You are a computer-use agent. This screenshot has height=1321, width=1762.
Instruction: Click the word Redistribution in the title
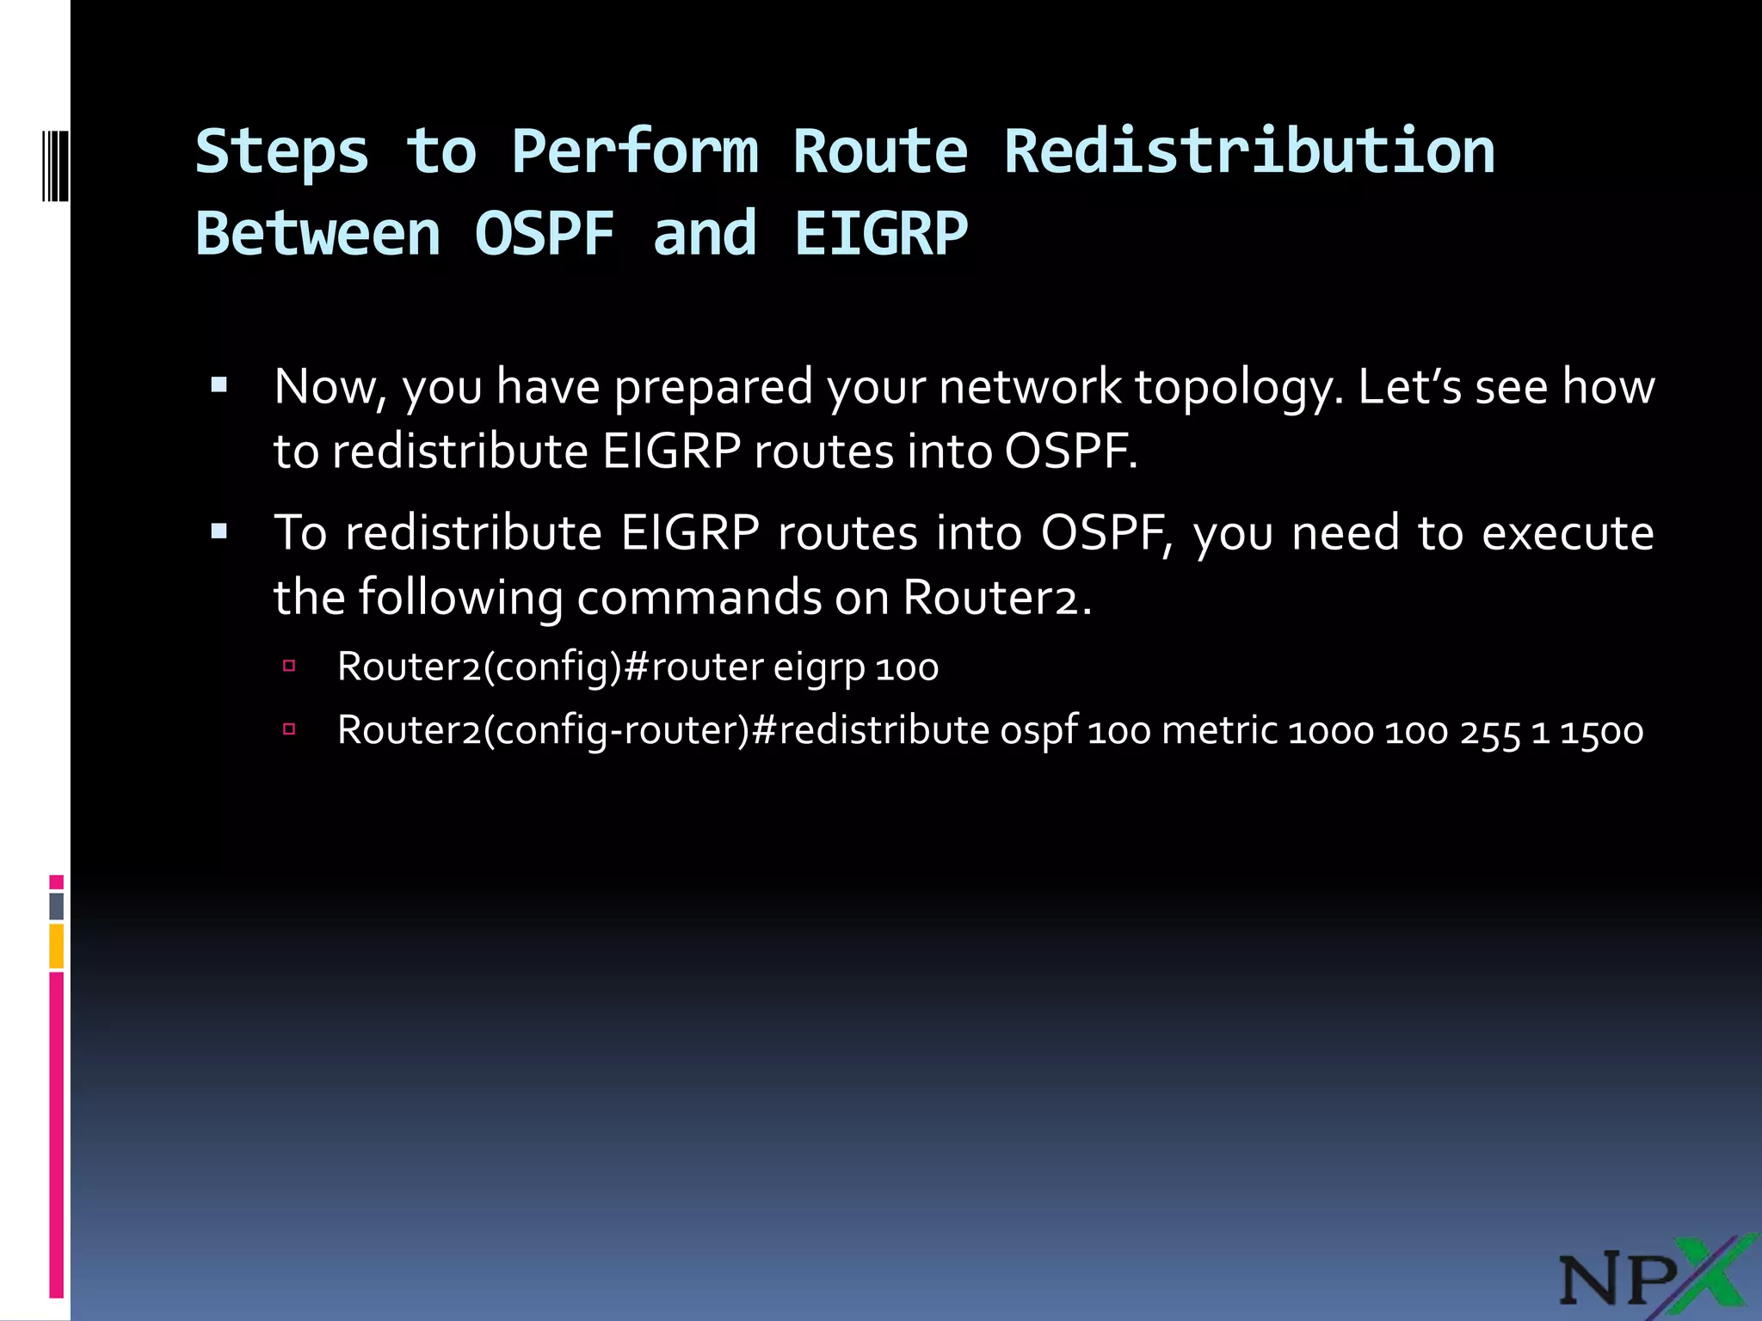coord(1248,152)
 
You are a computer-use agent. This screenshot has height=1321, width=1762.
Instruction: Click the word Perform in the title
coord(635,152)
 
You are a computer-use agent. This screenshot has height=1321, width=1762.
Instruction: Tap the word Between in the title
coord(317,235)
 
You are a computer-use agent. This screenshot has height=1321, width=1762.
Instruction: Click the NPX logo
coord(1655,1278)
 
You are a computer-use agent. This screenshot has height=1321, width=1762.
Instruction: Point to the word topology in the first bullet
coord(1238,388)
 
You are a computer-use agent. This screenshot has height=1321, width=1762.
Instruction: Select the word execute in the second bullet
coord(1568,533)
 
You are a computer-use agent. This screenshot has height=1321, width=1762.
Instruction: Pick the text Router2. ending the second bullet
coord(996,598)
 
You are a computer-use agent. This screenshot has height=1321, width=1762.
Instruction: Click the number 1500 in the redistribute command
coord(1601,732)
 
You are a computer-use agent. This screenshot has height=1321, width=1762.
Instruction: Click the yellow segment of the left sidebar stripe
coord(57,946)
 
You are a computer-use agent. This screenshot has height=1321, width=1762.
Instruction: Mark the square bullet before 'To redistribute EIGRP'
coord(219,532)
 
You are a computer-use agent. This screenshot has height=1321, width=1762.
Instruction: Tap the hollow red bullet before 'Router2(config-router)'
coord(289,730)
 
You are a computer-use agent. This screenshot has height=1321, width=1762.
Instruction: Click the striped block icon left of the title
coord(55,164)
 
